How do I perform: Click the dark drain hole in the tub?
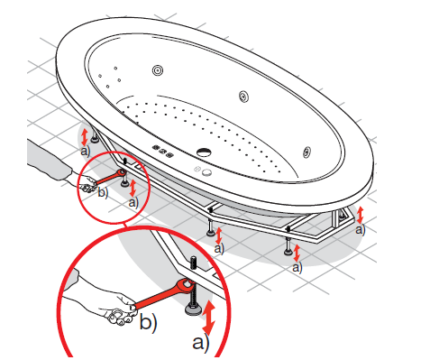205,152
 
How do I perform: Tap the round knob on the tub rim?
206,172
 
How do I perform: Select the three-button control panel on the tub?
163,151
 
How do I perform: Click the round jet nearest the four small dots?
158,70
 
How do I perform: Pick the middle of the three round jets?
243,97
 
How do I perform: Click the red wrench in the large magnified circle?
163,294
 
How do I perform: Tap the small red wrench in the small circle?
109,177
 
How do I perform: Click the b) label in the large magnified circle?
148,323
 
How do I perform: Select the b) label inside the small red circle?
103,192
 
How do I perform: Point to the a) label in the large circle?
201,343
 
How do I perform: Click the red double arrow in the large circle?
208,318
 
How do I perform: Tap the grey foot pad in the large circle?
193,309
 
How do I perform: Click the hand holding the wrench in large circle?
117,309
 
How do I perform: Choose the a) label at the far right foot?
361,230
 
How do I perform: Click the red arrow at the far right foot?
360,215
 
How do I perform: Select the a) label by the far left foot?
86,151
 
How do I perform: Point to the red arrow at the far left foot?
85,137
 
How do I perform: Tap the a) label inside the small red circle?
133,202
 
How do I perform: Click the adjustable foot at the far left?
96,137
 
